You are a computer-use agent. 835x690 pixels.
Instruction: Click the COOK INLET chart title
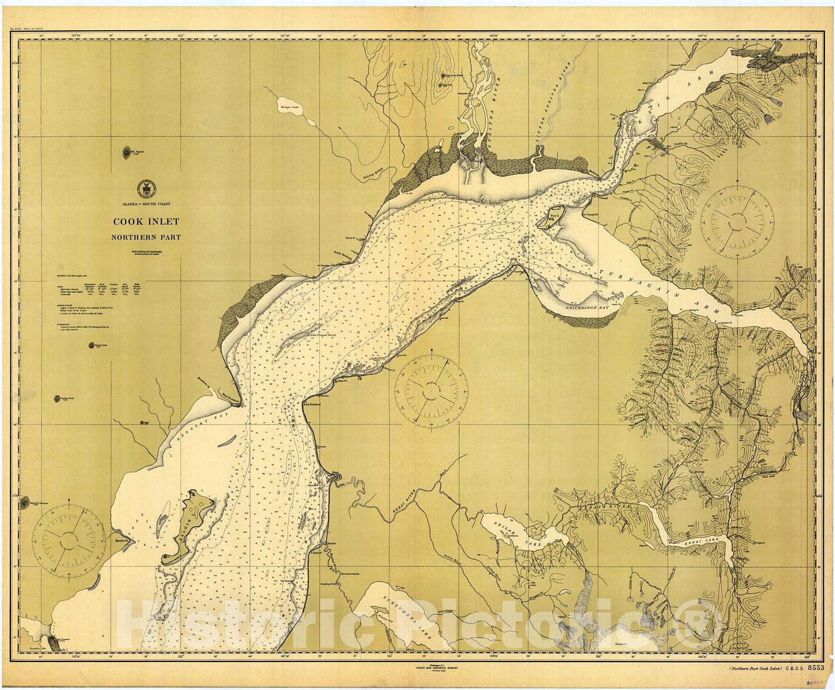pyautogui.click(x=146, y=222)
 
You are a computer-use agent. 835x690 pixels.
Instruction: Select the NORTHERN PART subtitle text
pyautogui.click(x=146, y=237)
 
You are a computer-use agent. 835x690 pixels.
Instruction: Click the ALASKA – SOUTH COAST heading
pyautogui.click(x=146, y=204)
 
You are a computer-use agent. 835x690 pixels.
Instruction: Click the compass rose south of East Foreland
pyautogui.click(x=431, y=389)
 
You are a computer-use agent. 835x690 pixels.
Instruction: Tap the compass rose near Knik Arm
pyautogui.click(x=737, y=218)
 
